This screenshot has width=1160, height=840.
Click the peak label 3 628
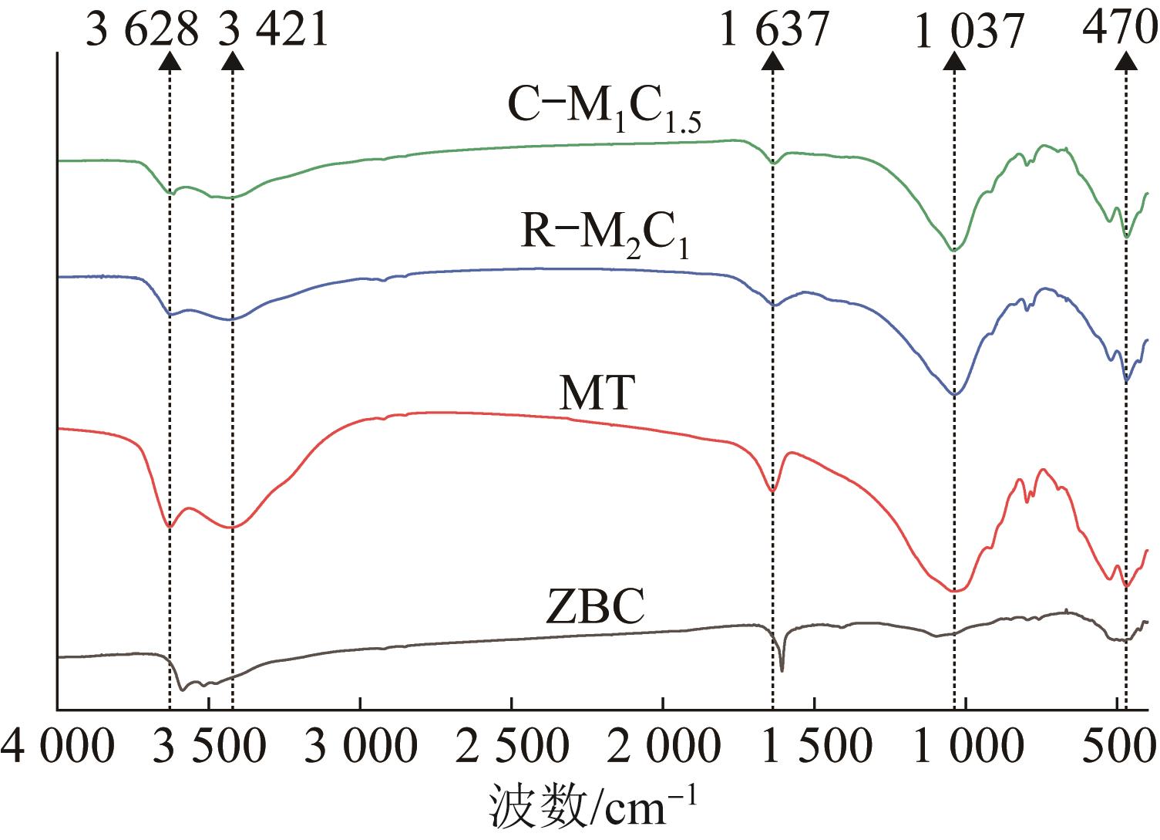pos(143,32)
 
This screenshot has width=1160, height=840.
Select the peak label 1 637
pos(773,32)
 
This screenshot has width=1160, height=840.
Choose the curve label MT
pos(597,394)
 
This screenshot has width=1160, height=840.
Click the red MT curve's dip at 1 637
pos(772,491)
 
